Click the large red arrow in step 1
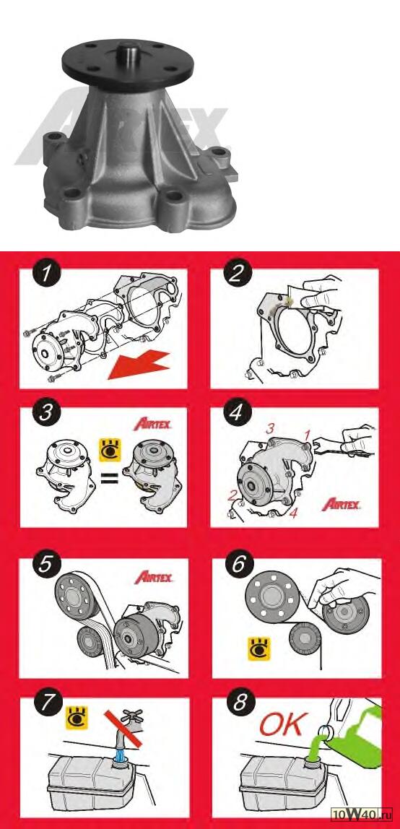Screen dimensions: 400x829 point(139,364)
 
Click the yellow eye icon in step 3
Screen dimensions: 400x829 point(110,449)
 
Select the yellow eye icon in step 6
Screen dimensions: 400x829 point(259,648)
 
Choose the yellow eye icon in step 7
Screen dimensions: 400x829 point(76,718)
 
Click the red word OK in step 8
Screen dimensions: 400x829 point(281,725)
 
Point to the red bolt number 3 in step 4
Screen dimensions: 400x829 point(270,429)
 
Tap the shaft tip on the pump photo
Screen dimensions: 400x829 point(128,47)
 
